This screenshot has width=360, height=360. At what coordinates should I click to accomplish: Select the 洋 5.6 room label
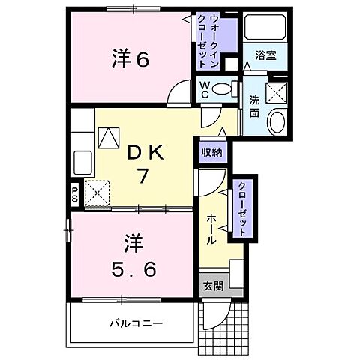pyautogui.click(x=139, y=255)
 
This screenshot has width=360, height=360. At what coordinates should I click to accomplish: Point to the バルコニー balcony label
pyautogui.click(x=137, y=323)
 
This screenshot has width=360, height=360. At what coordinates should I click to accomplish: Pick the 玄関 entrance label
pyautogui.click(x=212, y=285)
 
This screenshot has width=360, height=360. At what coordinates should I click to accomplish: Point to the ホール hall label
pyautogui.click(x=211, y=229)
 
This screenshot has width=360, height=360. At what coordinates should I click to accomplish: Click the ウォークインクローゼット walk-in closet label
pyautogui.click(x=214, y=40)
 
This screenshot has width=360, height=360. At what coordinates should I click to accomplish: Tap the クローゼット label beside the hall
pyautogui.click(x=243, y=209)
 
